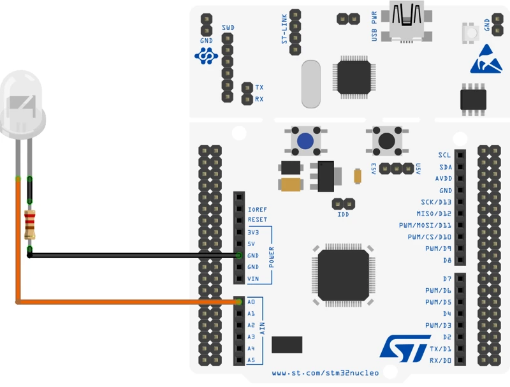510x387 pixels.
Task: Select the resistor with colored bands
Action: [29, 224]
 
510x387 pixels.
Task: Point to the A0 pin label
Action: [251, 302]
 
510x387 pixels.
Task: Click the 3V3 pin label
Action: [253, 231]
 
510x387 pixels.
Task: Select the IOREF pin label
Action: [258, 208]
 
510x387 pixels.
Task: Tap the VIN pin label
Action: [253, 279]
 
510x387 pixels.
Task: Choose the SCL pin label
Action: [444, 155]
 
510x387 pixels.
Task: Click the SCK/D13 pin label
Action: [436, 202]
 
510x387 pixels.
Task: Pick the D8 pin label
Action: [446, 260]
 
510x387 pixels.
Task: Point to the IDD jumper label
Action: [344, 215]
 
